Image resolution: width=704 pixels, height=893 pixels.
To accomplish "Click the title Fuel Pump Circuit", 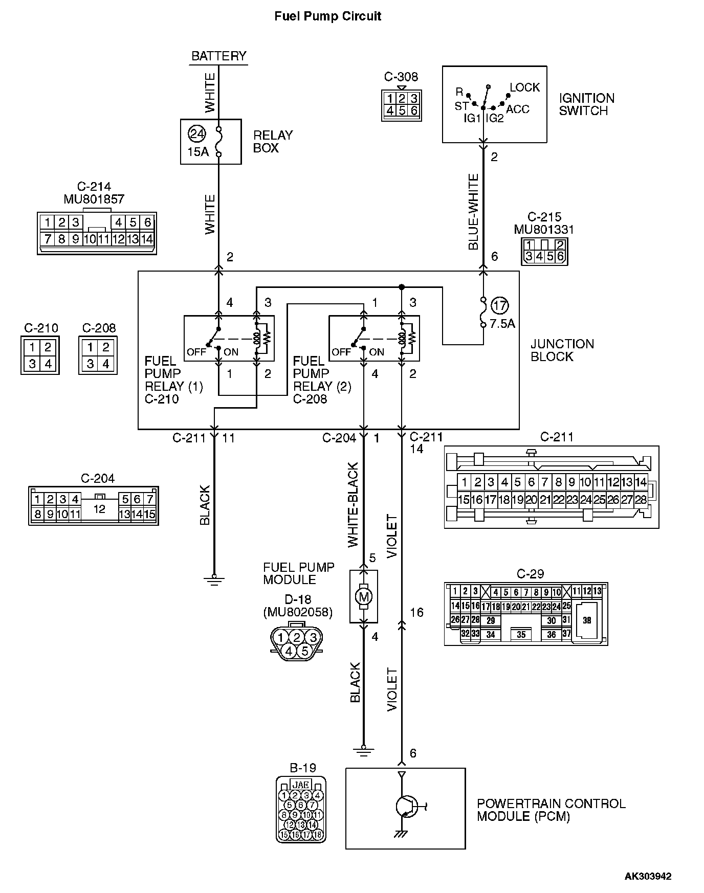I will click(x=327, y=16).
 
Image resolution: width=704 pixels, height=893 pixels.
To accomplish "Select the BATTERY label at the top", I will click(x=218, y=56).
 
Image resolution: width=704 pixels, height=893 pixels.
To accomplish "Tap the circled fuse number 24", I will click(x=196, y=134).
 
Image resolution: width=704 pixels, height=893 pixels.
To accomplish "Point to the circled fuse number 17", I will click(x=499, y=306).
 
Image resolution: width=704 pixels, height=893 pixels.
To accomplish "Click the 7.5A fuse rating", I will click(x=502, y=324).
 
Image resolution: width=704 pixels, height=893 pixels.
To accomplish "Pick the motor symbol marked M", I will click(x=363, y=596).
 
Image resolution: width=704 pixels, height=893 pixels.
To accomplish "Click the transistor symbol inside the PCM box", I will click(x=406, y=807).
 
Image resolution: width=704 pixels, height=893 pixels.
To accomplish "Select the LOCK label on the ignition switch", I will click(x=524, y=87).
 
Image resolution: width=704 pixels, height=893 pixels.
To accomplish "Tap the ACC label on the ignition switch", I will click(x=517, y=109).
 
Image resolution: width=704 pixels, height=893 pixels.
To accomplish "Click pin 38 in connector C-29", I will click(x=587, y=620).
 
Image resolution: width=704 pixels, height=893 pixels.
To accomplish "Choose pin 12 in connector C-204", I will click(x=99, y=509).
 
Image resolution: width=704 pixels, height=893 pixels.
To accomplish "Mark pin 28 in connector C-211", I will click(x=641, y=500).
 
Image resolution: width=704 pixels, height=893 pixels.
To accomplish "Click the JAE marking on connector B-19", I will click(x=301, y=785).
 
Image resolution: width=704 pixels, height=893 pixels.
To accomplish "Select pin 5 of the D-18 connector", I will click(x=304, y=651).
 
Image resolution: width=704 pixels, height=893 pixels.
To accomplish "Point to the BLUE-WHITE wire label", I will click(x=474, y=212).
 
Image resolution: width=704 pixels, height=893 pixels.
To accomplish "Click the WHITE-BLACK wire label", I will click(x=354, y=505).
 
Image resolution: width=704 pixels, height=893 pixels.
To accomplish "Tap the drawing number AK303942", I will click(x=648, y=876).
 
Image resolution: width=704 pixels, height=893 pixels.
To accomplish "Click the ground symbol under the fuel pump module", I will click(x=363, y=751).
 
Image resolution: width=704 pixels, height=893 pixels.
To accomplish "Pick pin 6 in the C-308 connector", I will click(x=413, y=110).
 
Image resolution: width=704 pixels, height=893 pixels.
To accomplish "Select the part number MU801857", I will click(x=94, y=199).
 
